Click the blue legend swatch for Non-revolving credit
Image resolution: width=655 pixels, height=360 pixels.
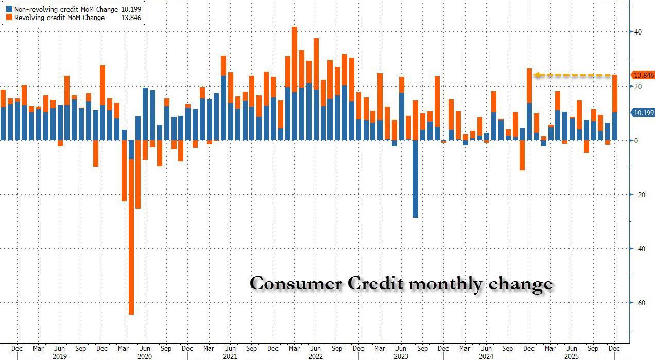click(x=9, y=9)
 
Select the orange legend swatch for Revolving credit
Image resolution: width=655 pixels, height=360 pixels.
click(x=9, y=18)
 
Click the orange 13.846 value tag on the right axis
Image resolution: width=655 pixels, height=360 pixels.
click(x=643, y=75)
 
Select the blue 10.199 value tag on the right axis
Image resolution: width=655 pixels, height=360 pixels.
click(x=643, y=112)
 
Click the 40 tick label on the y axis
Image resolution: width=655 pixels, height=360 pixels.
click(x=637, y=32)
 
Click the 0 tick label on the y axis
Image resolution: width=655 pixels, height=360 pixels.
click(x=636, y=141)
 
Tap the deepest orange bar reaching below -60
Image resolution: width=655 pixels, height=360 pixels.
click(x=131, y=237)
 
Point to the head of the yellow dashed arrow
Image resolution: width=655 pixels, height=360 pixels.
click(x=537, y=75)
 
